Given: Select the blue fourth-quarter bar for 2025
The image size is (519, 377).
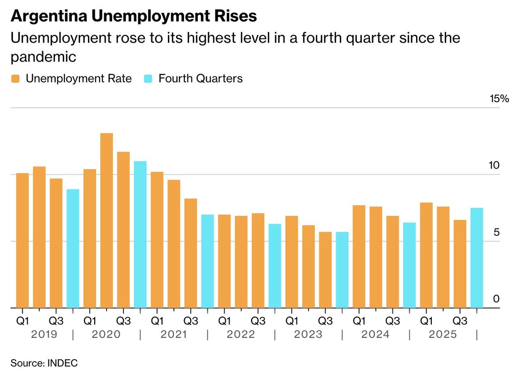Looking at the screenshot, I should point(477,258).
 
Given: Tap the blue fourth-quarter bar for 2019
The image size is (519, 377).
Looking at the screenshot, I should point(73,248).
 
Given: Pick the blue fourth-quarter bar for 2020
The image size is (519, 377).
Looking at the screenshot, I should point(140,234).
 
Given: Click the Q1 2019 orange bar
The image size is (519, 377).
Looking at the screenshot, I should point(23,240).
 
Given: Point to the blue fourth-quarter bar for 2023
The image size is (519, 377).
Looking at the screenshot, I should point(342,270).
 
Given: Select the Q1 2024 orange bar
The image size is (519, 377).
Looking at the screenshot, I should point(359,256).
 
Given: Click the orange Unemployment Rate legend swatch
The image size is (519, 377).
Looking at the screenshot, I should point(15,79).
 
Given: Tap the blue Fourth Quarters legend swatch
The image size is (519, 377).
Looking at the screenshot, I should point(148,79).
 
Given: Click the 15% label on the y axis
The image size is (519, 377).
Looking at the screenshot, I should point(499,99).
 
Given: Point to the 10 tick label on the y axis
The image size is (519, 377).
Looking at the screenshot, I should point(495,165).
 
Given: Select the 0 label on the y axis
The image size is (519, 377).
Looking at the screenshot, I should point(496,299).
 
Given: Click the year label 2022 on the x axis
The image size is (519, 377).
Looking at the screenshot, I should point(241,334).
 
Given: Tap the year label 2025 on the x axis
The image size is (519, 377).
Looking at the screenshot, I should point(443,334).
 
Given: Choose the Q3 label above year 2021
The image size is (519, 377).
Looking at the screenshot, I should point(191,321).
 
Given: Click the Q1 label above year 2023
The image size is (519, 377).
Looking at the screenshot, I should point(292,321).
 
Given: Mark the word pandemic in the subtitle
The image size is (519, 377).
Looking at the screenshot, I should point(43,57).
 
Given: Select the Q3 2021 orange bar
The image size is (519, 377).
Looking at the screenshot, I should point(191,253).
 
